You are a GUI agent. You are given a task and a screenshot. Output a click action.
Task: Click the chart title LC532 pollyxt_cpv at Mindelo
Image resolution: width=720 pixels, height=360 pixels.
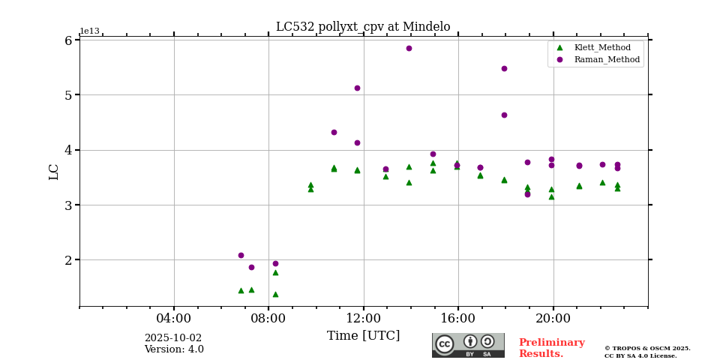[363, 27]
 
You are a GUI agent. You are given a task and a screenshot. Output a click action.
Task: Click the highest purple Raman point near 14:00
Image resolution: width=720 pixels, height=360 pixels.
[409, 48]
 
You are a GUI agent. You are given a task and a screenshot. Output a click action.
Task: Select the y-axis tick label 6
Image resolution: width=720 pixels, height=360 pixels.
[67, 40]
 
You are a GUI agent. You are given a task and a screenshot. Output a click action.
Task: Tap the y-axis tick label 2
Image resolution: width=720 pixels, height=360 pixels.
[67, 260]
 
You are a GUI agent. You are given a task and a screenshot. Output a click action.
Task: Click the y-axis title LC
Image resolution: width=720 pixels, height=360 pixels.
[54, 172]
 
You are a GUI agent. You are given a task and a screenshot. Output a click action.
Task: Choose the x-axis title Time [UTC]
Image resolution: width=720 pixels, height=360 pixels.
[363, 335]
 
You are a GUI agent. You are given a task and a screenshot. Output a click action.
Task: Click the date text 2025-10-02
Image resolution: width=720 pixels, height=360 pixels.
[173, 338]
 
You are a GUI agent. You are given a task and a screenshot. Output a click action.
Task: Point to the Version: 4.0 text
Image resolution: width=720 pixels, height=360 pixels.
[174, 349]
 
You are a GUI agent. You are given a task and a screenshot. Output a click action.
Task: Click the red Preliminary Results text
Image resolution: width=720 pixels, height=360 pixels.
[551, 348]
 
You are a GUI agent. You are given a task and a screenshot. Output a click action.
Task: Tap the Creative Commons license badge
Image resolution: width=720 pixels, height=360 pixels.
[468, 345]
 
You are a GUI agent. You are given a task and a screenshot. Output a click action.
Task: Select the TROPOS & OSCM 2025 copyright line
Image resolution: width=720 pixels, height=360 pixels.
[647, 348]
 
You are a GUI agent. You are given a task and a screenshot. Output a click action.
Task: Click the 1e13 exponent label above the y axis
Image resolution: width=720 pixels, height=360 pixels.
[89, 31]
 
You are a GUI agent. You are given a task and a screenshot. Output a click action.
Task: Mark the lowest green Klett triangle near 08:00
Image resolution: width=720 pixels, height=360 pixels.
[275, 294]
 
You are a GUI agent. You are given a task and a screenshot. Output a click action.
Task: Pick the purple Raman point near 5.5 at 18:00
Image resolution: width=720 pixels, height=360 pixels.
[504, 68]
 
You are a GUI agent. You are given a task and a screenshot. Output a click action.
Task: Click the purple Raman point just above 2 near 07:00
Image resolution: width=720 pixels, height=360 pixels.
[241, 255]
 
